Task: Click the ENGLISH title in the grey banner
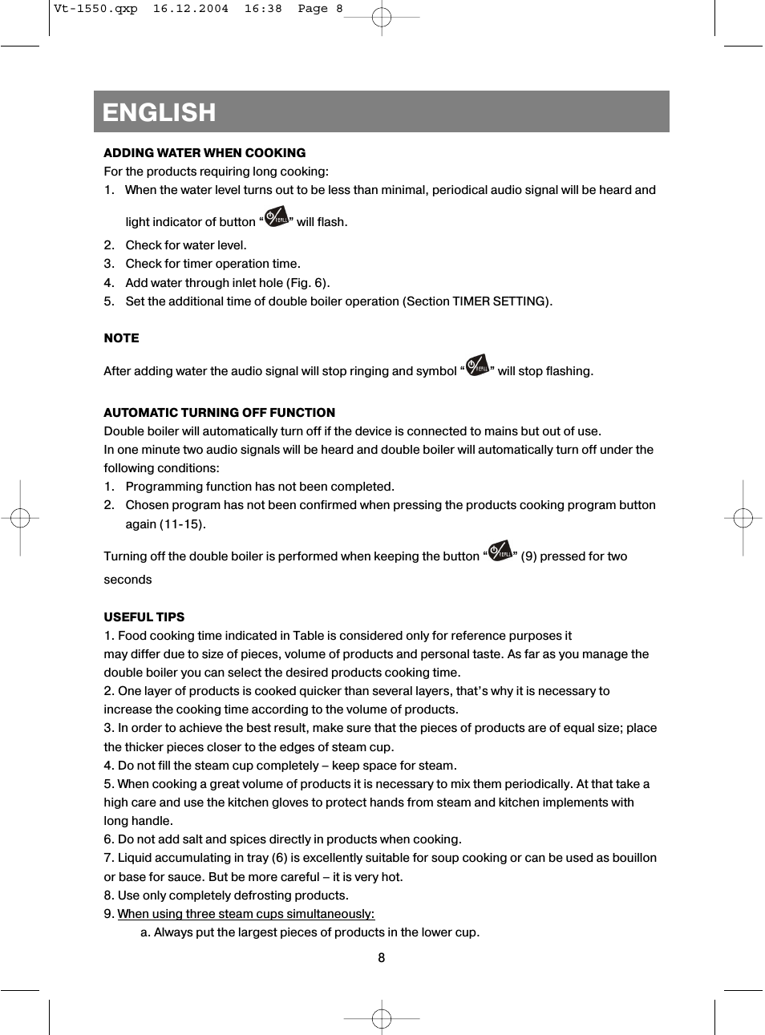[x=159, y=112]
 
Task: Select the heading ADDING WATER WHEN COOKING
[x=204, y=153]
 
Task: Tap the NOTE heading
[x=121, y=338]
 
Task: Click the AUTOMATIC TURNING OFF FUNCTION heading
[x=219, y=413]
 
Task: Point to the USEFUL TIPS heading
[x=144, y=617]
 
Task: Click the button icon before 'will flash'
[x=276, y=217]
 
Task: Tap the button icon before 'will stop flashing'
[x=477, y=366]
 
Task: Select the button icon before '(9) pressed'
[x=500, y=552]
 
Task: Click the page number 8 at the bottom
[x=382, y=958]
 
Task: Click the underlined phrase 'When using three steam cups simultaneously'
[x=245, y=914]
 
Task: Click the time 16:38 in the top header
[x=263, y=9]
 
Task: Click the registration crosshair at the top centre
[x=382, y=17]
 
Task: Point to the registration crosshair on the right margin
[x=743, y=519]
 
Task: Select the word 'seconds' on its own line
[x=127, y=580]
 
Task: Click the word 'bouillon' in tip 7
[x=633, y=858]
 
